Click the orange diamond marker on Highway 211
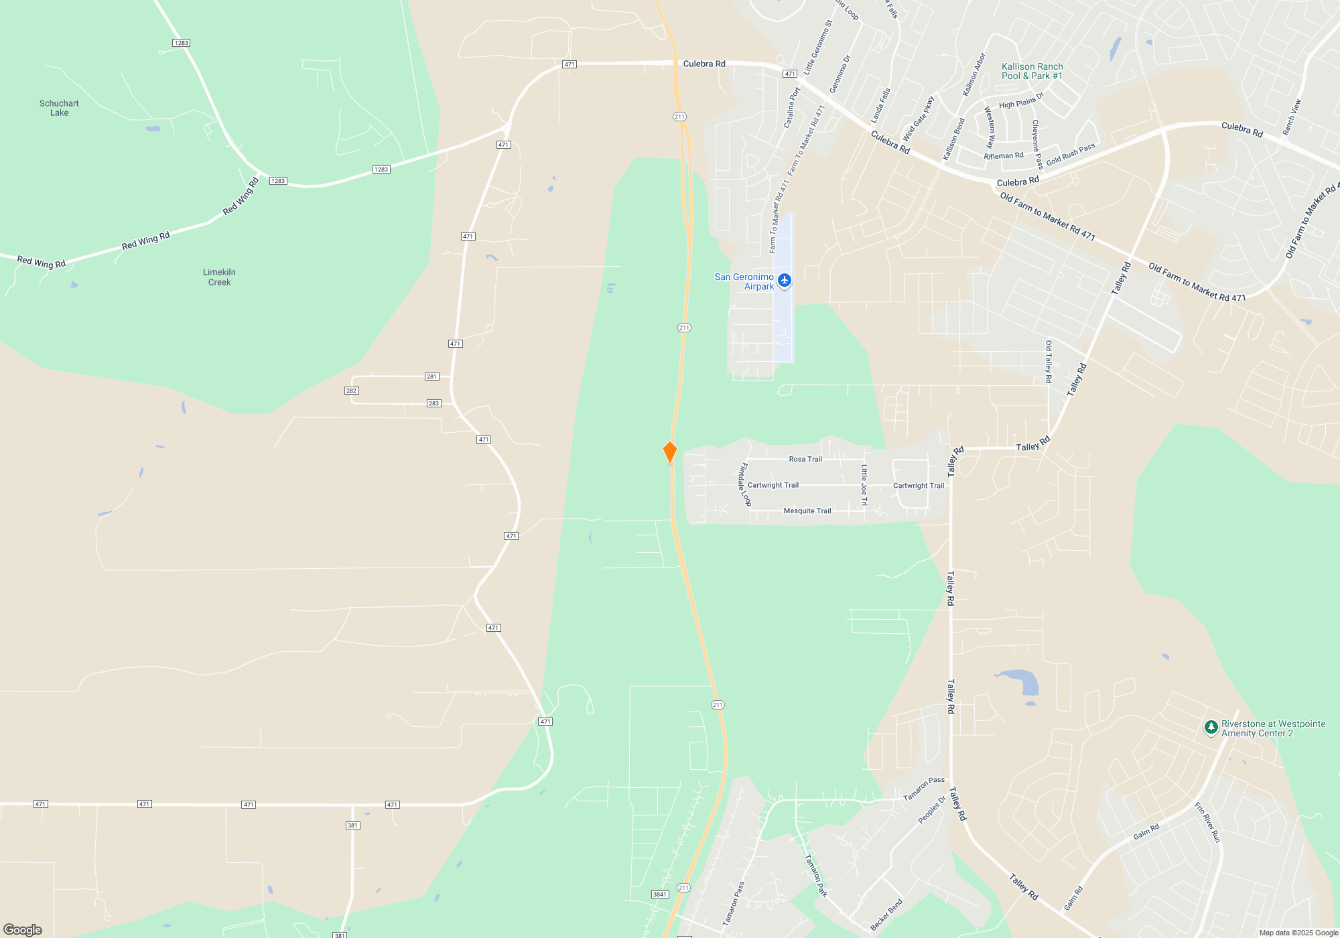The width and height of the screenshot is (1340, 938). (670, 452)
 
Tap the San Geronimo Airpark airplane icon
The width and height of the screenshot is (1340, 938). (785, 280)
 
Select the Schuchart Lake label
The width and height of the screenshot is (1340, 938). (59, 108)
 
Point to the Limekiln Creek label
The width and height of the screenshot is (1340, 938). (219, 277)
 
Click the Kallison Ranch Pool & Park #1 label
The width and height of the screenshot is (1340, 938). (1032, 71)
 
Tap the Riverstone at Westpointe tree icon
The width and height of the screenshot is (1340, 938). (1211, 727)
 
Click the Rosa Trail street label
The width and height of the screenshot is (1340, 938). (805, 459)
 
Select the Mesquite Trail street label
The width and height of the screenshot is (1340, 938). (807, 511)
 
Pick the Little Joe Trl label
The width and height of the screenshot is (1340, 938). (864, 485)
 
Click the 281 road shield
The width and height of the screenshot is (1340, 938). (432, 377)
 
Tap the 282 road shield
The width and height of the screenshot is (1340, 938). (351, 391)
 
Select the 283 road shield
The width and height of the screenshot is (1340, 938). (433, 403)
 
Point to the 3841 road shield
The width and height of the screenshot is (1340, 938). (659, 894)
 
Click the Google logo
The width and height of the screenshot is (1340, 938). (23, 929)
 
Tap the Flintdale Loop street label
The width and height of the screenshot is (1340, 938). (744, 484)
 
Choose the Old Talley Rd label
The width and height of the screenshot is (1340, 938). (1049, 362)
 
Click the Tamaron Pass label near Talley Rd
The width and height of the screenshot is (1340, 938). (924, 789)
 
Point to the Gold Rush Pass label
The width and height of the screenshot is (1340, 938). (1071, 154)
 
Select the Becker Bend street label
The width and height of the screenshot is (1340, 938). (886, 915)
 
